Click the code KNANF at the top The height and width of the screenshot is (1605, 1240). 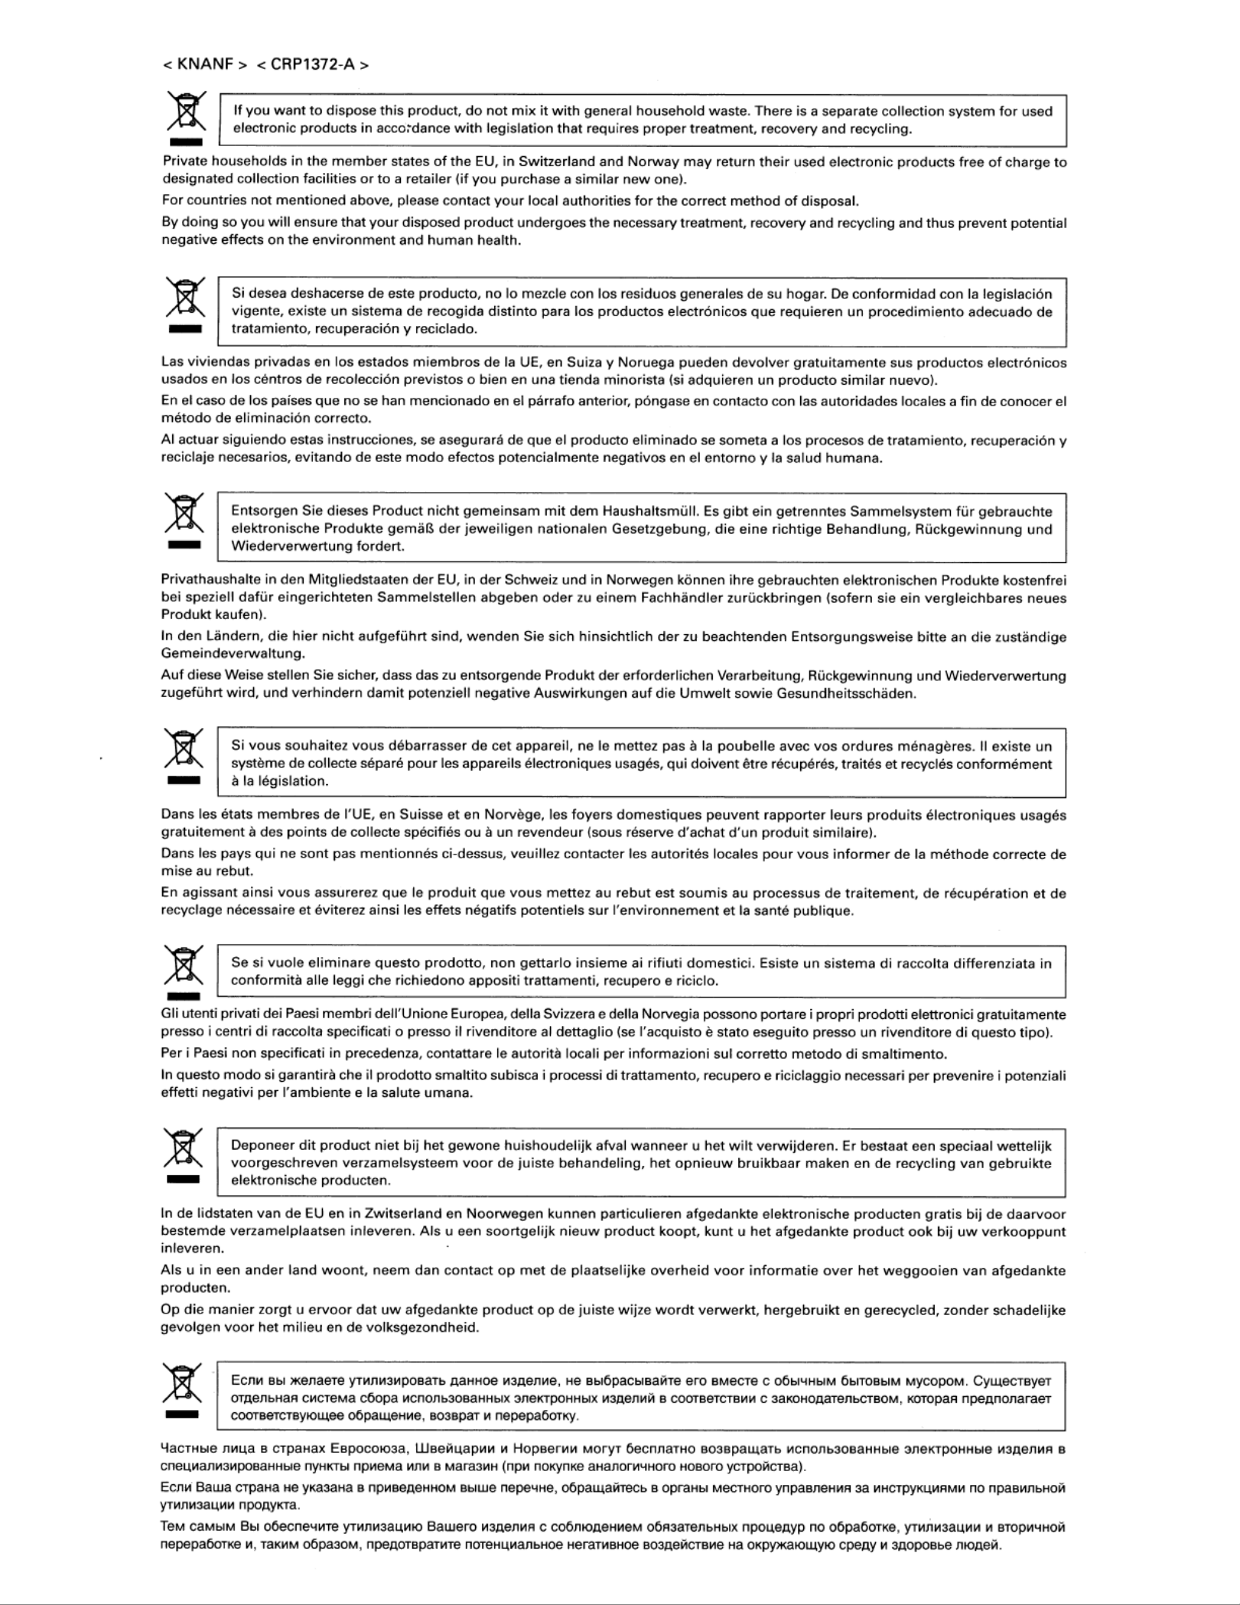(205, 64)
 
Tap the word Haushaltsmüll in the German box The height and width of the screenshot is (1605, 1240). (650, 511)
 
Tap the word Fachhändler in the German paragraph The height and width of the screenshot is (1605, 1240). (733, 597)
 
